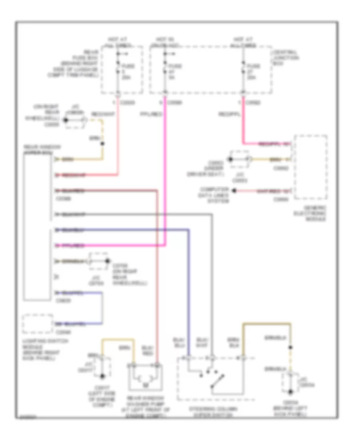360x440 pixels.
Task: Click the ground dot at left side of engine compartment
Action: (102, 376)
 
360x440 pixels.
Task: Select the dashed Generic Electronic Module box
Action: (311, 167)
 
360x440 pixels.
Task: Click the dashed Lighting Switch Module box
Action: (38, 324)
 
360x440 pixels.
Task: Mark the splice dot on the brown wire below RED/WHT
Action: (102, 143)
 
